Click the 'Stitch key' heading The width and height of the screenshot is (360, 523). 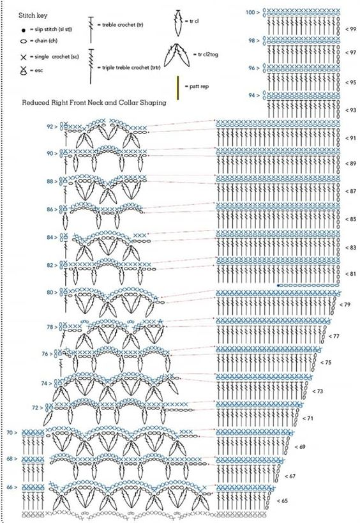pyautogui.click(x=33, y=16)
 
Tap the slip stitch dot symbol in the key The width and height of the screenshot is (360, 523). pyautogui.click(x=24, y=31)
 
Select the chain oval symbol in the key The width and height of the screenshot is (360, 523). pyautogui.click(x=24, y=42)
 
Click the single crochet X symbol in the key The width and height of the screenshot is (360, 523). pyautogui.click(x=24, y=57)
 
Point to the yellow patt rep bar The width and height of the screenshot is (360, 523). pyautogui.click(x=178, y=87)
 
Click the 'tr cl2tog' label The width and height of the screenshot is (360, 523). pyautogui.click(x=206, y=54)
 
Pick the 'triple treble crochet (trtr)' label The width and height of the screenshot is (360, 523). pyautogui.click(x=129, y=68)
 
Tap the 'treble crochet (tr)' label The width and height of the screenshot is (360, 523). pyautogui.click(x=121, y=25)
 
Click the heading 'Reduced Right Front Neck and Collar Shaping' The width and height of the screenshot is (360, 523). pyautogui.click(x=94, y=103)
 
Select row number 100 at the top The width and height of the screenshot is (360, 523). pyautogui.click(x=250, y=13)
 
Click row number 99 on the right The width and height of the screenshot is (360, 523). pyautogui.click(x=352, y=29)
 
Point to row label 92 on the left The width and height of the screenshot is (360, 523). pyautogui.click(x=50, y=126)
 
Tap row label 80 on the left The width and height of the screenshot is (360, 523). pyautogui.click(x=50, y=292)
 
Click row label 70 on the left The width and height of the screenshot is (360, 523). pyautogui.click(x=10, y=432)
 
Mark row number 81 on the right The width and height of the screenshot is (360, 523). pyautogui.click(x=352, y=274)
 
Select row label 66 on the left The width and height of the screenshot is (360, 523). pyautogui.click(x=10, y=487)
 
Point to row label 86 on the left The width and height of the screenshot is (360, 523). pyautogui.click(x=50, y=209)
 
